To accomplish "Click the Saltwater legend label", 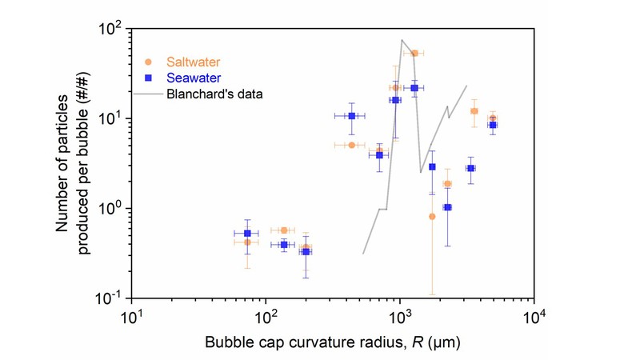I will [194, 62].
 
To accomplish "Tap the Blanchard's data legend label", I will [214, 94].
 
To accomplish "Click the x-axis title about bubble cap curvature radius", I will [332, 342].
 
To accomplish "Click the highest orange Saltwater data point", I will [414, 54].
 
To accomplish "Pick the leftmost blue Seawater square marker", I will [247, 234].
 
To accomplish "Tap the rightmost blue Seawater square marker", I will [493, 125].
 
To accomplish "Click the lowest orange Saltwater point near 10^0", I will [432, 216].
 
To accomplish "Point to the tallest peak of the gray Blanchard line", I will [402, 39].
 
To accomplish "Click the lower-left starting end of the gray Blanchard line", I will [363, 254].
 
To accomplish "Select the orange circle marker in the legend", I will [148, 62].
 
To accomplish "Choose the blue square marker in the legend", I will [148, 78].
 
